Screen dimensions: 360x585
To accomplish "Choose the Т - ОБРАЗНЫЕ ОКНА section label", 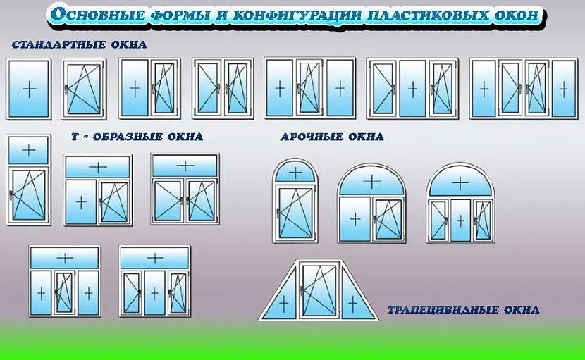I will click(x=137, y=137).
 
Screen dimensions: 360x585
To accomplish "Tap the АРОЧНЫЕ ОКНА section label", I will click(x=332, y=137).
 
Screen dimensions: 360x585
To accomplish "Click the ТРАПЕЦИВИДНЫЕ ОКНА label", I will click(x=464, y=310).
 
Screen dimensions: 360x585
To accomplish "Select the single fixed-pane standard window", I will click(x=29, y=89).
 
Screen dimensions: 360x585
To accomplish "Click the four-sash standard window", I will click(x=523, y=89).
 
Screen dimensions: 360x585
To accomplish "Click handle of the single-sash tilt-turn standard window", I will click(x=66, y=89).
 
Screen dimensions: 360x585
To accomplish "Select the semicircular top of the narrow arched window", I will click(x=295, y=172).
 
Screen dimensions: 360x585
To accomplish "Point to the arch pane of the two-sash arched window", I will click(x=371, y=182).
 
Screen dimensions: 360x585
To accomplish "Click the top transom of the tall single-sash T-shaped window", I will click(x=29, y=150).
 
